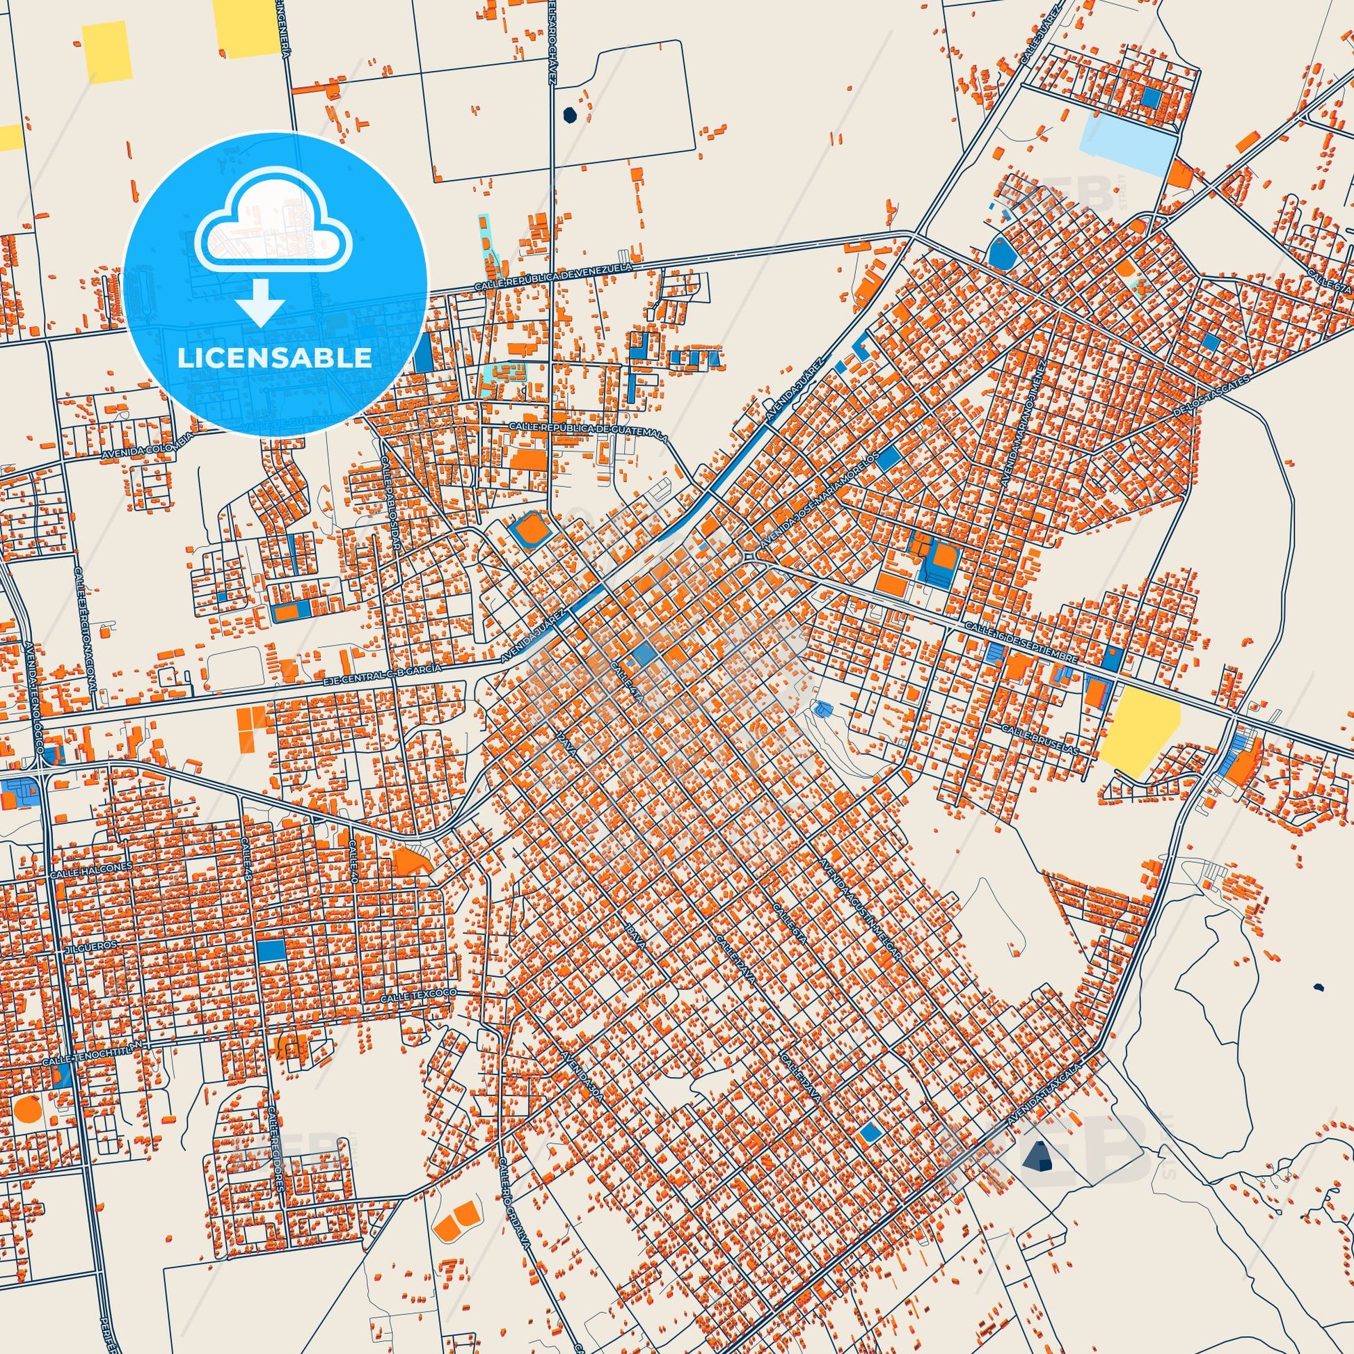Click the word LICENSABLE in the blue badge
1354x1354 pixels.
[275, 358]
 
